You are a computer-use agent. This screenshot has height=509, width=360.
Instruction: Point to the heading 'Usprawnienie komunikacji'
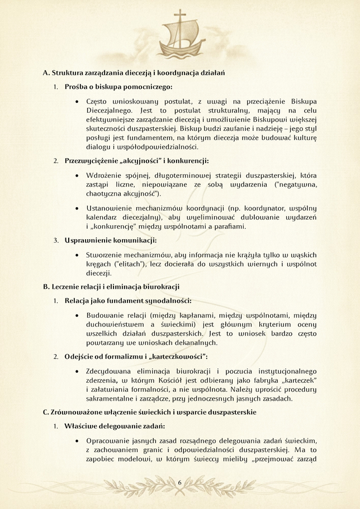111,240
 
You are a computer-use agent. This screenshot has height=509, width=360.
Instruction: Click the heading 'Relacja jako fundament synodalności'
128,301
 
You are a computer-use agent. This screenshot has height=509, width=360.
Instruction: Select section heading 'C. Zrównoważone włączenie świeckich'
149,412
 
